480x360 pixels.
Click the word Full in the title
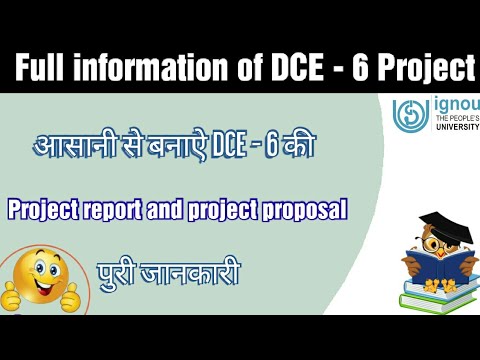43,69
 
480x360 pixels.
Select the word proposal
303,210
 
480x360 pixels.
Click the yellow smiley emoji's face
39,276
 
